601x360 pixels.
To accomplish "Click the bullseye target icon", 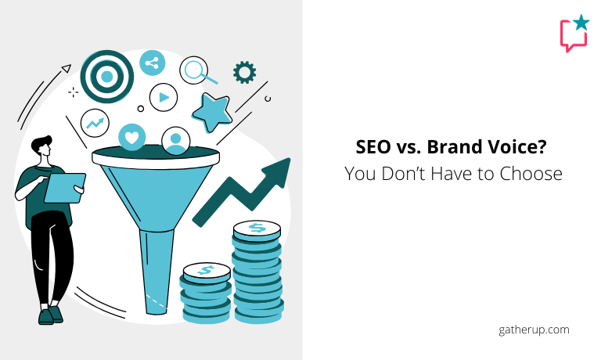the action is click(107, 76).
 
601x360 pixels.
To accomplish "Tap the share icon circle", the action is click(152, 63).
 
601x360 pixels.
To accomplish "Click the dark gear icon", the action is click(244, 72).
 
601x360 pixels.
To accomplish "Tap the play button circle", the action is click(164, 97).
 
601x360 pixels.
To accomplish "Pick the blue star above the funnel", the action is click(212, 112).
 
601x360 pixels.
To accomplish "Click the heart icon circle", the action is click(131, 137).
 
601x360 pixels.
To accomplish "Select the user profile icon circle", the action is click(176, 141).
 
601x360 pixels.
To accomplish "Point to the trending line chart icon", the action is click(95, 123).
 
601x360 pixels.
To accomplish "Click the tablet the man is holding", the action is click(65, 188).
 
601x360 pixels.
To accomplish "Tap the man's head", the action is click(42, 146).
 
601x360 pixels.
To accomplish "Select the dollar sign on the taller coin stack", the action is click(257, 228).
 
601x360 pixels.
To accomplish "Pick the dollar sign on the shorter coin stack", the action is click(207, 270).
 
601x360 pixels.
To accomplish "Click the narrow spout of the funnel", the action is click(156, 272).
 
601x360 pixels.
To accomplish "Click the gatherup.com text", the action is click(534, 330).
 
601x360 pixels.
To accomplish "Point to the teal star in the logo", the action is click(581, 23).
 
